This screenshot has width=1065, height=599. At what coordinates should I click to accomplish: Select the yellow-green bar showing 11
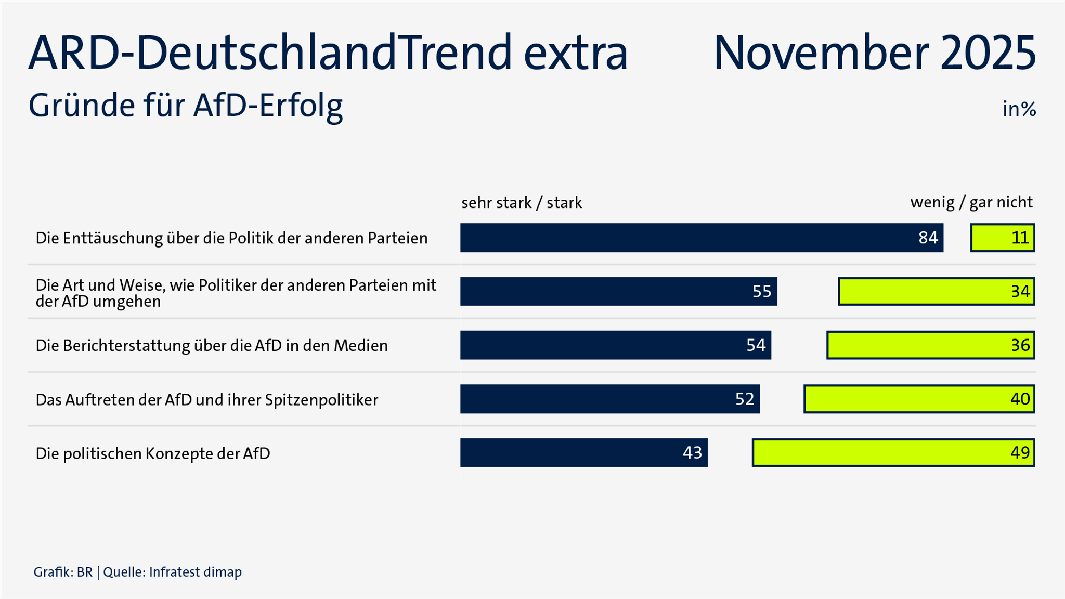(x=1002, y=238)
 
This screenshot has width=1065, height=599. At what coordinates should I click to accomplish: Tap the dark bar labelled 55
(x=618, y=291)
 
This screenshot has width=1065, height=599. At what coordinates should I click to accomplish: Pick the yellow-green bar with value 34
(x=936, y=291)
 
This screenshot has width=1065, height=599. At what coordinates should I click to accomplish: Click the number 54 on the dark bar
(x=756, y=345)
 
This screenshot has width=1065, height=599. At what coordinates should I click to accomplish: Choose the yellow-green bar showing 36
(x=930, y=345)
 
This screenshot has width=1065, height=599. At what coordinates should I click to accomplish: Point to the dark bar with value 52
(x=609, y=399)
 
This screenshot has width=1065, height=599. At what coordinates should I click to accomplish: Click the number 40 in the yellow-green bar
(x=1020, y=399)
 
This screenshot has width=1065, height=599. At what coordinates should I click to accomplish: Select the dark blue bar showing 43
(x=583, y=452)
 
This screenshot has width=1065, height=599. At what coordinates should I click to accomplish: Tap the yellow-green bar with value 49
(x=893, y=452)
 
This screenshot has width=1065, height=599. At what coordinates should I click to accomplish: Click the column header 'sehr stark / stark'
(x=521, y=202)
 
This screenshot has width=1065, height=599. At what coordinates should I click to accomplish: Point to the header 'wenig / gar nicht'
(x=971, y=202)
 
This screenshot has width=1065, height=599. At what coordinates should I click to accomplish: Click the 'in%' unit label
(x=1019, y=109)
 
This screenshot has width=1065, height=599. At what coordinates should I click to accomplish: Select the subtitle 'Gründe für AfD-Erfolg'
(x=186, y=106)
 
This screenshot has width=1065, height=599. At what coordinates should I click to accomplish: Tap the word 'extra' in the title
(x=576, y=53)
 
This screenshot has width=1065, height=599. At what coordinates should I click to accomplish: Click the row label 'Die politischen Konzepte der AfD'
(x=153, y=453)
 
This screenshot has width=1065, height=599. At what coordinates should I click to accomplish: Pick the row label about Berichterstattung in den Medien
(x=212, y=346)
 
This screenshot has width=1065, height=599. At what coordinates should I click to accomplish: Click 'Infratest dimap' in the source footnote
(x=195, y=572)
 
